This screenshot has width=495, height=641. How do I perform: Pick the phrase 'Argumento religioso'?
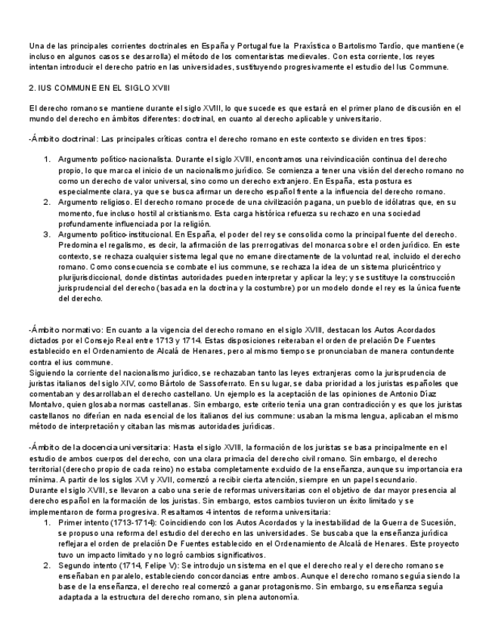point(94,203)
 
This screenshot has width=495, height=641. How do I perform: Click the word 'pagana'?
point(299,203)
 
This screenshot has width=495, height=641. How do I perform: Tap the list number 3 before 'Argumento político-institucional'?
point(46,235)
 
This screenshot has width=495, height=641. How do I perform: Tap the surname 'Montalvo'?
point(47,405)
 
